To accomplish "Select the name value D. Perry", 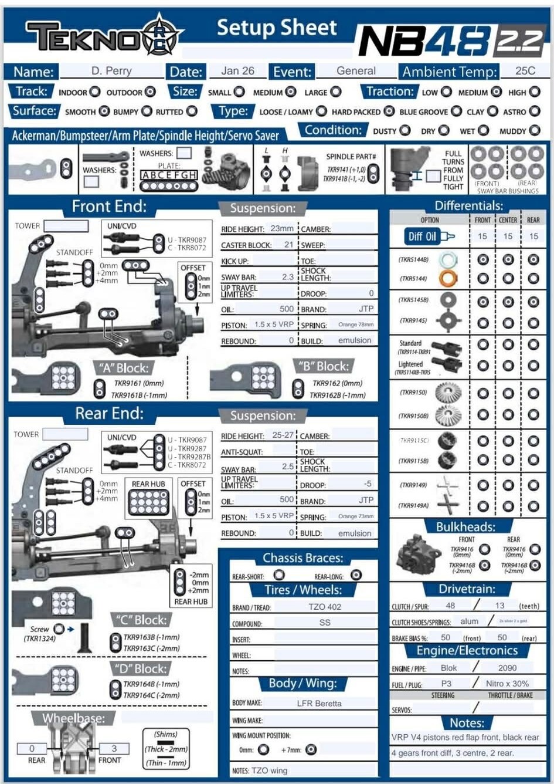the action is (x=111, y=71).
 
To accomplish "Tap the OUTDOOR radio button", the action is (x=151, y=92).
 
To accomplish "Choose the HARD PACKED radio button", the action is (x=389, y=111).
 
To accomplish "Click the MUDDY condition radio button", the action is (x=535, y=130).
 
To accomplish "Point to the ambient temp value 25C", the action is (x=525, y=71).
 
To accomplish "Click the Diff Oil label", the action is (x=423, y=236).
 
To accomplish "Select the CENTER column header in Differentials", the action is (x=508, y=220).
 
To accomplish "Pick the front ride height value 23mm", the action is (x=281, y=228).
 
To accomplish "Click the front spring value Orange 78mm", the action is (x=355, y=325).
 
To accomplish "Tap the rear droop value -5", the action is (x=367, y=484).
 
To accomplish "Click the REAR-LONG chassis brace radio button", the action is (x=356, y=575).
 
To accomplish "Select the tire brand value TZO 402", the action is (x=324, y=607).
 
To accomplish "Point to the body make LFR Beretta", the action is (x=319, y=703).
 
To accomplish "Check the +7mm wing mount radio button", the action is (x=311, y=749).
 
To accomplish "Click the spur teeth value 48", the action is (x=450, y=606).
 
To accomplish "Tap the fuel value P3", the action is (x=446, y=684).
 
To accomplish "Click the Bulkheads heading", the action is (x=465, y=526).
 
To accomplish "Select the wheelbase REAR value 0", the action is (x=32, y=748).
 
